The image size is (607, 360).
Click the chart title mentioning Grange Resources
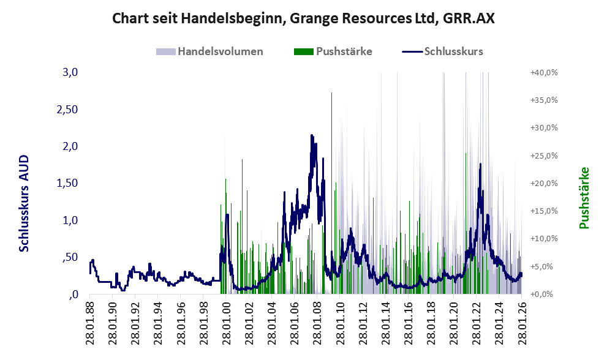[303, 18]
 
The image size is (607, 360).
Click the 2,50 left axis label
[68, 109]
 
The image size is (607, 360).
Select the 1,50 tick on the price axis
[68, 183]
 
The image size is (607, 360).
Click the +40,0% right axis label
[543, 72]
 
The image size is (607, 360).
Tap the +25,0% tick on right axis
[543, 156]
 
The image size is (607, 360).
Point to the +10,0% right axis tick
[543, 239]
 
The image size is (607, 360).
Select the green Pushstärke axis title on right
[584, 198]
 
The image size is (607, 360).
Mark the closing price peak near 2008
[312, 135]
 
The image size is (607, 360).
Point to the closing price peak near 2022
[481, 164]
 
